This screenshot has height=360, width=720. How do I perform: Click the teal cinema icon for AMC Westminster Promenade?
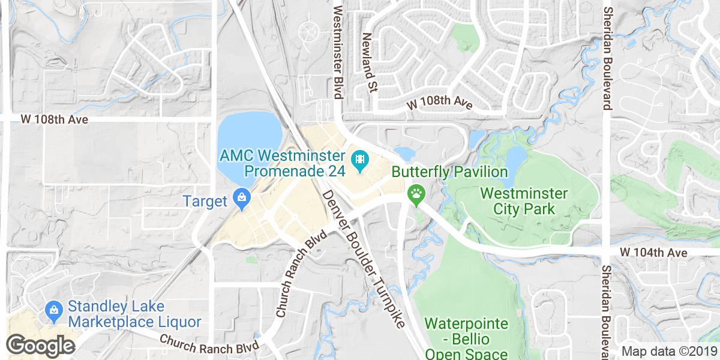[360, 160]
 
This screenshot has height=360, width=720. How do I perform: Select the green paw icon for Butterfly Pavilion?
[415, 194]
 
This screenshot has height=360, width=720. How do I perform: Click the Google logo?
[40, 346]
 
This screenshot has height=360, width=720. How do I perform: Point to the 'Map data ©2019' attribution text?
[669, 351]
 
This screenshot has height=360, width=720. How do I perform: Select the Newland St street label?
[368, 62]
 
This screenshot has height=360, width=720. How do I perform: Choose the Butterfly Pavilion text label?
[449, 172]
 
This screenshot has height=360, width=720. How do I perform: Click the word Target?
[205, 201]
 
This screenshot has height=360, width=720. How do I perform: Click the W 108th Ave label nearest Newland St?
[439, 103]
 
